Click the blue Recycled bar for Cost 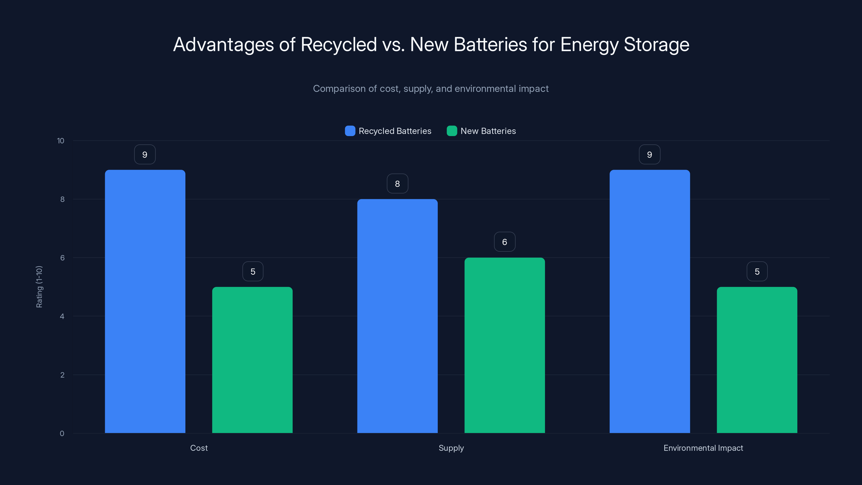145,301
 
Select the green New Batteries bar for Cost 252,360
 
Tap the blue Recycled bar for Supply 397,316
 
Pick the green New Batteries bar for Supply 505,345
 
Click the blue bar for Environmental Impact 649,301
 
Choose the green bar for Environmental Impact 757,360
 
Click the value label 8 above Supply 397,183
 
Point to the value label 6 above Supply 505,242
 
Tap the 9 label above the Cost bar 145,154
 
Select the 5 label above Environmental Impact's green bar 757,271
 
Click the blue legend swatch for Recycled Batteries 350,131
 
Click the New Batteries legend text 488,131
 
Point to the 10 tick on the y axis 61,141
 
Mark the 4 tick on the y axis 62,316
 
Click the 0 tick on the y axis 62,434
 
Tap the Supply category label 451,448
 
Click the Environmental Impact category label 703,448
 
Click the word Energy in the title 589,44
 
